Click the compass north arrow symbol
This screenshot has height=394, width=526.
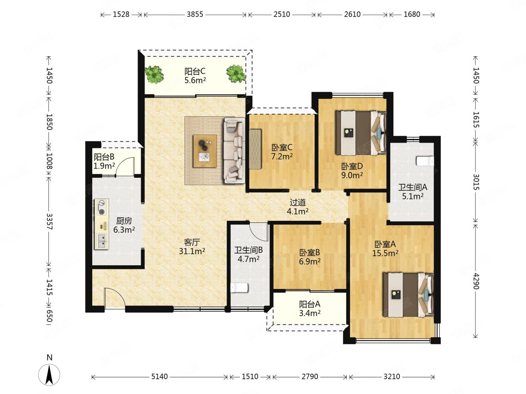pos(49,375)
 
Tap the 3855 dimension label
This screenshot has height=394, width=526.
pos(195,14)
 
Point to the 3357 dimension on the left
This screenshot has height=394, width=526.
pos(49,222)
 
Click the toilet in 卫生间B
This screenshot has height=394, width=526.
pos(239,288)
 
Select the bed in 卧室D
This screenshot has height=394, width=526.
pos(361,133)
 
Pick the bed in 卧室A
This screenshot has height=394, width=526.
pos(408,295)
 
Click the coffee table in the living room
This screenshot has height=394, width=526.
pos(205,151)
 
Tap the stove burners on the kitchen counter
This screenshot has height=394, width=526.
pos(101,208)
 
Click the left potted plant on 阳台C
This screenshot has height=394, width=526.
pos(154,75)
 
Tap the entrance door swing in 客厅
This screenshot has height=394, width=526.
pos(114,298)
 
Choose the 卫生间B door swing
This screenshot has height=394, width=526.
pos(259,232)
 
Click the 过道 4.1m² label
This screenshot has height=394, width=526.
pos(297,207)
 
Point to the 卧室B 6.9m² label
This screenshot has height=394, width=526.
pos(310,257)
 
